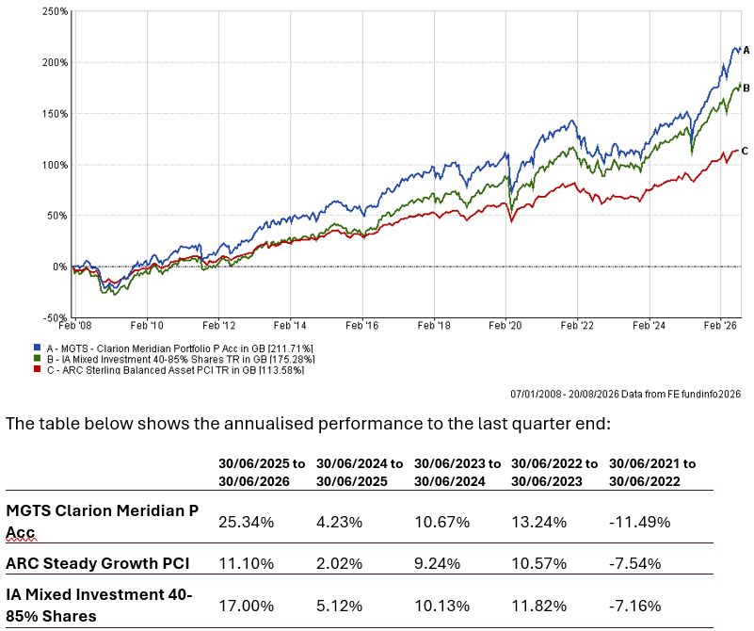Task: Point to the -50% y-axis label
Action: pos(55,318)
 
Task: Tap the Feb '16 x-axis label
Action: pos(362,326)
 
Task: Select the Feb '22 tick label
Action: pos(577,326)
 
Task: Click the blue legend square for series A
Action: pos(37,348)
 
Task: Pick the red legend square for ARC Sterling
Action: pos(37,369)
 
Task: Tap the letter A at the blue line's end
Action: pos(746,50)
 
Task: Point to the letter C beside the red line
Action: pos(745,151)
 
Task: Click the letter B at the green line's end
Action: pos(746,88)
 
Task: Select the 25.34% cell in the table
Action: pos(247,522)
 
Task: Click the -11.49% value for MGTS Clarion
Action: pos(639,522)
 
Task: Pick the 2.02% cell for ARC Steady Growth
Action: pos(340,563)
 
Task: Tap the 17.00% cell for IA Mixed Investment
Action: pos(247,606)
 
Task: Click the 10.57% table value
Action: pos(539,563)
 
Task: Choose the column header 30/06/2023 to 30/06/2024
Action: pos(457,472)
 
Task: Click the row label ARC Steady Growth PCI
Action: pos(98,563)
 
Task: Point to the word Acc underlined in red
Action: pos(21,532)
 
